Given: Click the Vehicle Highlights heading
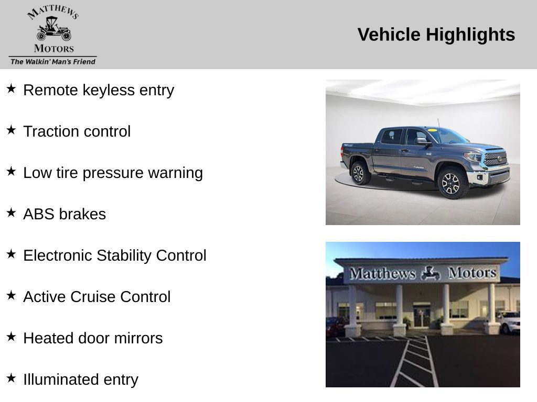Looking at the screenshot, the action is click(x=436, y=35).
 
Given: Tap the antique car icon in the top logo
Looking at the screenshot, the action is click(x=54, y=29).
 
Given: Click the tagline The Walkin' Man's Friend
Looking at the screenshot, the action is click(x=53, y=62).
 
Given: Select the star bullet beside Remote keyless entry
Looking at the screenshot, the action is click(x=11, y=88).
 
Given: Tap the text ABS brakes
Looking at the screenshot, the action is click(x=65, y=214).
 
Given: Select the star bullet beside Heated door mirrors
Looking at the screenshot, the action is click(x=11, y=337).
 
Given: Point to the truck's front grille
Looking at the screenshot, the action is click(x=496, y=159).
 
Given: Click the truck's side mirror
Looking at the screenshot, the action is click(x=422, y=141).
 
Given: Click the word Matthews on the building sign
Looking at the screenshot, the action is click(x=382, y=273).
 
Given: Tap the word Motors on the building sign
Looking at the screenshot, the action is click(x=472, y=273).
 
